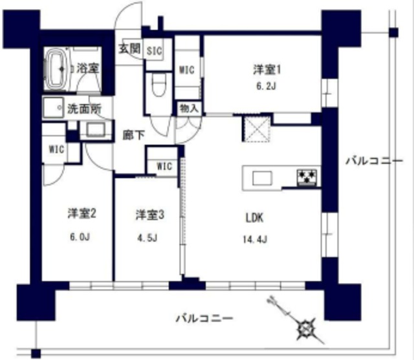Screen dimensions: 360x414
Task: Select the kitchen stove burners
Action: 306,176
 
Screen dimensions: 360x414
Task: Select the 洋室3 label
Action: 147,213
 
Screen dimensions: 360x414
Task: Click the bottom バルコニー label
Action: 204,318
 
